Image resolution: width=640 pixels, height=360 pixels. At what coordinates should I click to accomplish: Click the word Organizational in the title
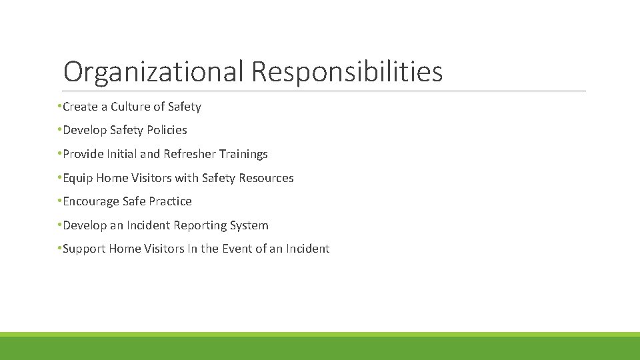pyautogui.click(x=154, y=72)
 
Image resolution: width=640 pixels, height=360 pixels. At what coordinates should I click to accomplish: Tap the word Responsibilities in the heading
pyautogui.click(x=347, y=72)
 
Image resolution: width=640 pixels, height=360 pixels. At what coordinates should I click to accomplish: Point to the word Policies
pyautogui.click(x=167, y=130)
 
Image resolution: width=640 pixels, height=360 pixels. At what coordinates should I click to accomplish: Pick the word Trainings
pyautogui.click(x=243, y=154)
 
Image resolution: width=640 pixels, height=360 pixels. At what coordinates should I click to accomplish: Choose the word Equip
pyautogui.click(x=78, y=178)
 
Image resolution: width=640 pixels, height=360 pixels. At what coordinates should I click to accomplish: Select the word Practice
pyautogui.click(x=170, y=201)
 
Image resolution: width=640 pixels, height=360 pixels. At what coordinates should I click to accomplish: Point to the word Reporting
pyautogui.click(x=201, y=225)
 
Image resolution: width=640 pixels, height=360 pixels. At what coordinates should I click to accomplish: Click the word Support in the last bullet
pyautogui.click(x=84, y=249)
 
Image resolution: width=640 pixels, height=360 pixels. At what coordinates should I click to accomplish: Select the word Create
pyautogui.click(x=79, y=107)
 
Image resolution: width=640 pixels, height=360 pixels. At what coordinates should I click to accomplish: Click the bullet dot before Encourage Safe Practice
pyautogui.click(x=60, y=201)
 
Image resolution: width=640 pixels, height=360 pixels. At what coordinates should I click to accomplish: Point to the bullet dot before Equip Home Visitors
pyautogui.click(x=60, y=177)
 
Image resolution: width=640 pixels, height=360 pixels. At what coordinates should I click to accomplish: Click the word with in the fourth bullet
pyautogui.click(x=185, y=178)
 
